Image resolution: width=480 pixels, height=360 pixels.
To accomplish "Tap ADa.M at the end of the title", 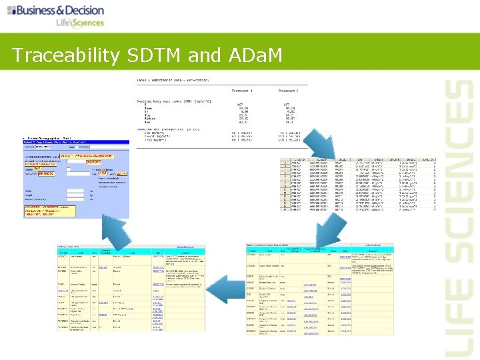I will tap(255, 55).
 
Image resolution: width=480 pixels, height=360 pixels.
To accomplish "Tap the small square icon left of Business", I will tap(12, 11).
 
